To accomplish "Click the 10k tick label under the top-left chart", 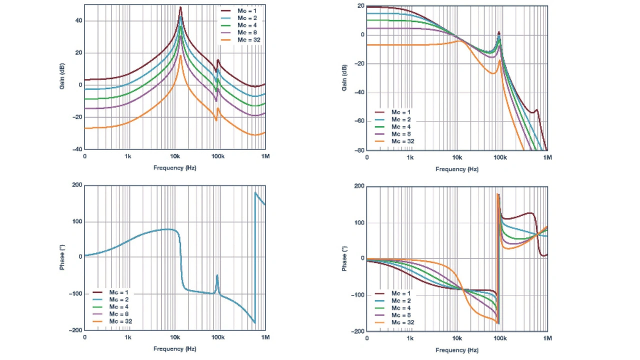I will click(x=175, y=156).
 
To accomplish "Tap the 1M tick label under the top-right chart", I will click(x=547, y=157).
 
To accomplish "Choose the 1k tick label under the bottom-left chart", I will click(x=128, y=337).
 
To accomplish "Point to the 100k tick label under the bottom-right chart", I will click(x=500, y=339).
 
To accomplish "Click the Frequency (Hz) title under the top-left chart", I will click(x=175, y=168).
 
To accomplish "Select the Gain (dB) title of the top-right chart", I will click(x=344, y=77).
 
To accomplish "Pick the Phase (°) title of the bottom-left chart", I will click(x=62, y=258).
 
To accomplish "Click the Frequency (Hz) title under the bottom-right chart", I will click(x=457, y=350).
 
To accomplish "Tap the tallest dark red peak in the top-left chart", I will click(x=180, y=7).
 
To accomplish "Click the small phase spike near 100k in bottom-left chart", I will click(x=217, y=275).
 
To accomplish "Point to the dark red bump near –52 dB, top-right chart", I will click(x=536, y=110).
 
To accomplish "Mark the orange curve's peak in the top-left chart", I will click(x=180, y=55).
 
